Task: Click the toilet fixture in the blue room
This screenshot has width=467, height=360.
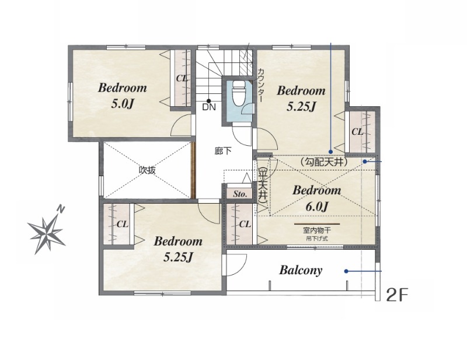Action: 239,93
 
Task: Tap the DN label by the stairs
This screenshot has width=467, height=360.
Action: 209,107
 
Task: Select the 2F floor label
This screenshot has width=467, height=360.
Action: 396,295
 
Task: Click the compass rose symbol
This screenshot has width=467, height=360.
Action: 46,233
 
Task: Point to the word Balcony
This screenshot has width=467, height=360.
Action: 301,270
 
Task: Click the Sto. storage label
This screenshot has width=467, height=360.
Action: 240,194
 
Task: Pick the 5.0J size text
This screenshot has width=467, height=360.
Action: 122,104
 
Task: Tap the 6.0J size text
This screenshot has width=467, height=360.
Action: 316,207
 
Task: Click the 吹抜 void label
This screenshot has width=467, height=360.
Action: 147,170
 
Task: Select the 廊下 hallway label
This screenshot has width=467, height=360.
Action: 223,151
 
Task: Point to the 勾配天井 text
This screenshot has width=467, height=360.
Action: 323,162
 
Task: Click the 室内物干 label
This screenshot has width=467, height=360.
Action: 317,230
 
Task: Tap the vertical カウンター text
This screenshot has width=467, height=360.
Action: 260,85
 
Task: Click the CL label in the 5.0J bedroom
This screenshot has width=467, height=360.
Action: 182,78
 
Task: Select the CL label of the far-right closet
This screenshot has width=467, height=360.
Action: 357,131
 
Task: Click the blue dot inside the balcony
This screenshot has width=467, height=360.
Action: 346,271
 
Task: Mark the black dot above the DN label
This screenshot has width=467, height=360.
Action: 209,100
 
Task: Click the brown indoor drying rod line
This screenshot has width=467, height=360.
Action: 317,223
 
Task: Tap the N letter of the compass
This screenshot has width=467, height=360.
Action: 61,209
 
